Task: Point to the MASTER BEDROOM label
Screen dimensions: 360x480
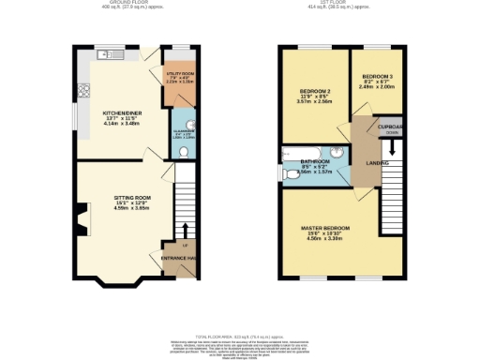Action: pyautogui.click(x=325, y=228)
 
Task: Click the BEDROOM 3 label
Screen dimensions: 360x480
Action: pyautogui.click(x=377, y=75)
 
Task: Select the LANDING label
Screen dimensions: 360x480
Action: pyautogui.click(x=378, y=164)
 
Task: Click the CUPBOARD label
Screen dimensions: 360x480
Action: pyautogui.click(x=391, y=127)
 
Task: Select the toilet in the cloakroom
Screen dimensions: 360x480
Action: pyautogui.click(x=184, y=151)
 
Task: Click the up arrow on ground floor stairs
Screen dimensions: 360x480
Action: pyautogui.click(x=185, y=230)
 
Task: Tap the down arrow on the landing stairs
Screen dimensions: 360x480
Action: pyautogui.click(x=392, y=146)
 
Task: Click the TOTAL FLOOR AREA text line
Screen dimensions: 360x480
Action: pyautogui.click(x=239, y=335)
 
